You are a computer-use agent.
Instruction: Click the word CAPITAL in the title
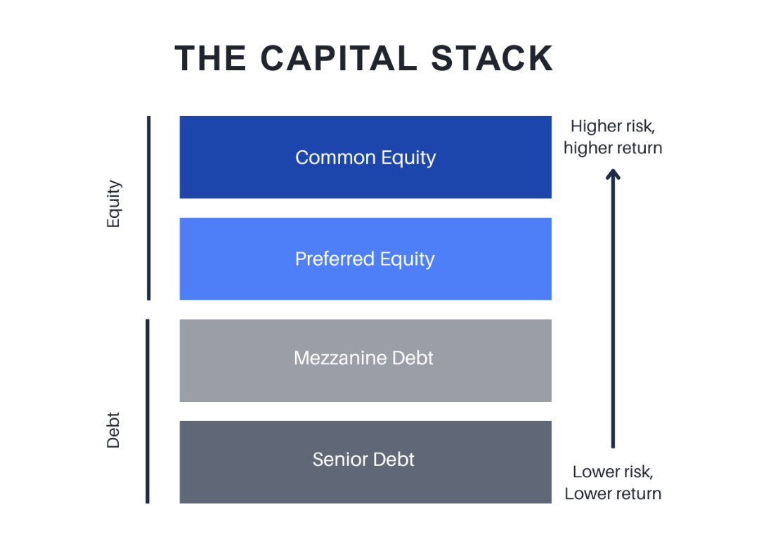pyautogui.click(x=338, y=58)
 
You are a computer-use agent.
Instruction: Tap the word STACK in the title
pyautogui.click(x=492, y=58)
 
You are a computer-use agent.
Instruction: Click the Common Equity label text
pyautogui.click(x=365, y=157)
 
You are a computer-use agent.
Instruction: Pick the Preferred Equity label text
pyautogui.click(x=365, y=259)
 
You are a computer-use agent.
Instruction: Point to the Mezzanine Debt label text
pyautogui.click(x=363, y=358)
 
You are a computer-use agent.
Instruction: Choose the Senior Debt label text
pyautogui.click(x=363, y=460)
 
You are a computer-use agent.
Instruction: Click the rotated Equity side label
pyautogui.click(x=114, y=205)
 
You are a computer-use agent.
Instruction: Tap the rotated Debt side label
pyautogui.click(x=114, y=429)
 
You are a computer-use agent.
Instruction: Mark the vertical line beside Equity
pyautogui.click(x=148, y=208)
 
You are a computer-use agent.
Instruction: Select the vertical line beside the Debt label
pyautogui.click(x=148, y=411)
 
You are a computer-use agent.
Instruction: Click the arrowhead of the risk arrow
pyautogui.click(x=613, y=174)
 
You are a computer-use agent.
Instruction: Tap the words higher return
pyautogui.click(x=612, y=148)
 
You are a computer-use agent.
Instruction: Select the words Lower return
pyautogui.click(x=612, y=493)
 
